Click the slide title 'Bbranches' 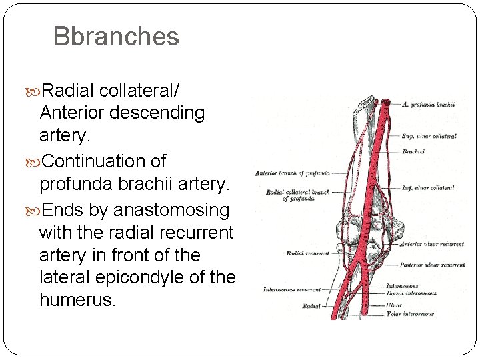116,37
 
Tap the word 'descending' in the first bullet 157,113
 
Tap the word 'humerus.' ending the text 77,300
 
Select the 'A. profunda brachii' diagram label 429,105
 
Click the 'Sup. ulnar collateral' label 429,137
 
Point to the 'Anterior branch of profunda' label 292,173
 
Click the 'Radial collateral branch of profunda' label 298,195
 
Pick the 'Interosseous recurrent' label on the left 292,290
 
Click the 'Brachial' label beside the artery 413,152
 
